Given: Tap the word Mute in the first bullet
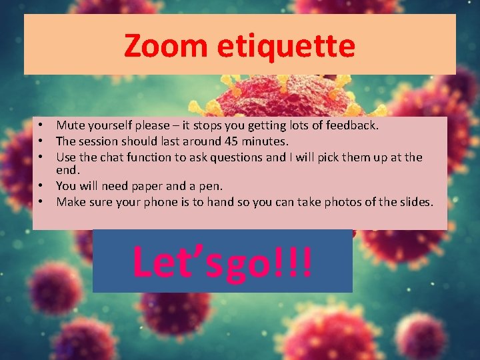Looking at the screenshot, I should pos(69,125).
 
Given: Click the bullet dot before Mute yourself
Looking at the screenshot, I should pos(41,125).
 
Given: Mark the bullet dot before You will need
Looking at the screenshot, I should pos(41,187).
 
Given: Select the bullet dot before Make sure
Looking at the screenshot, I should pos(41,202).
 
